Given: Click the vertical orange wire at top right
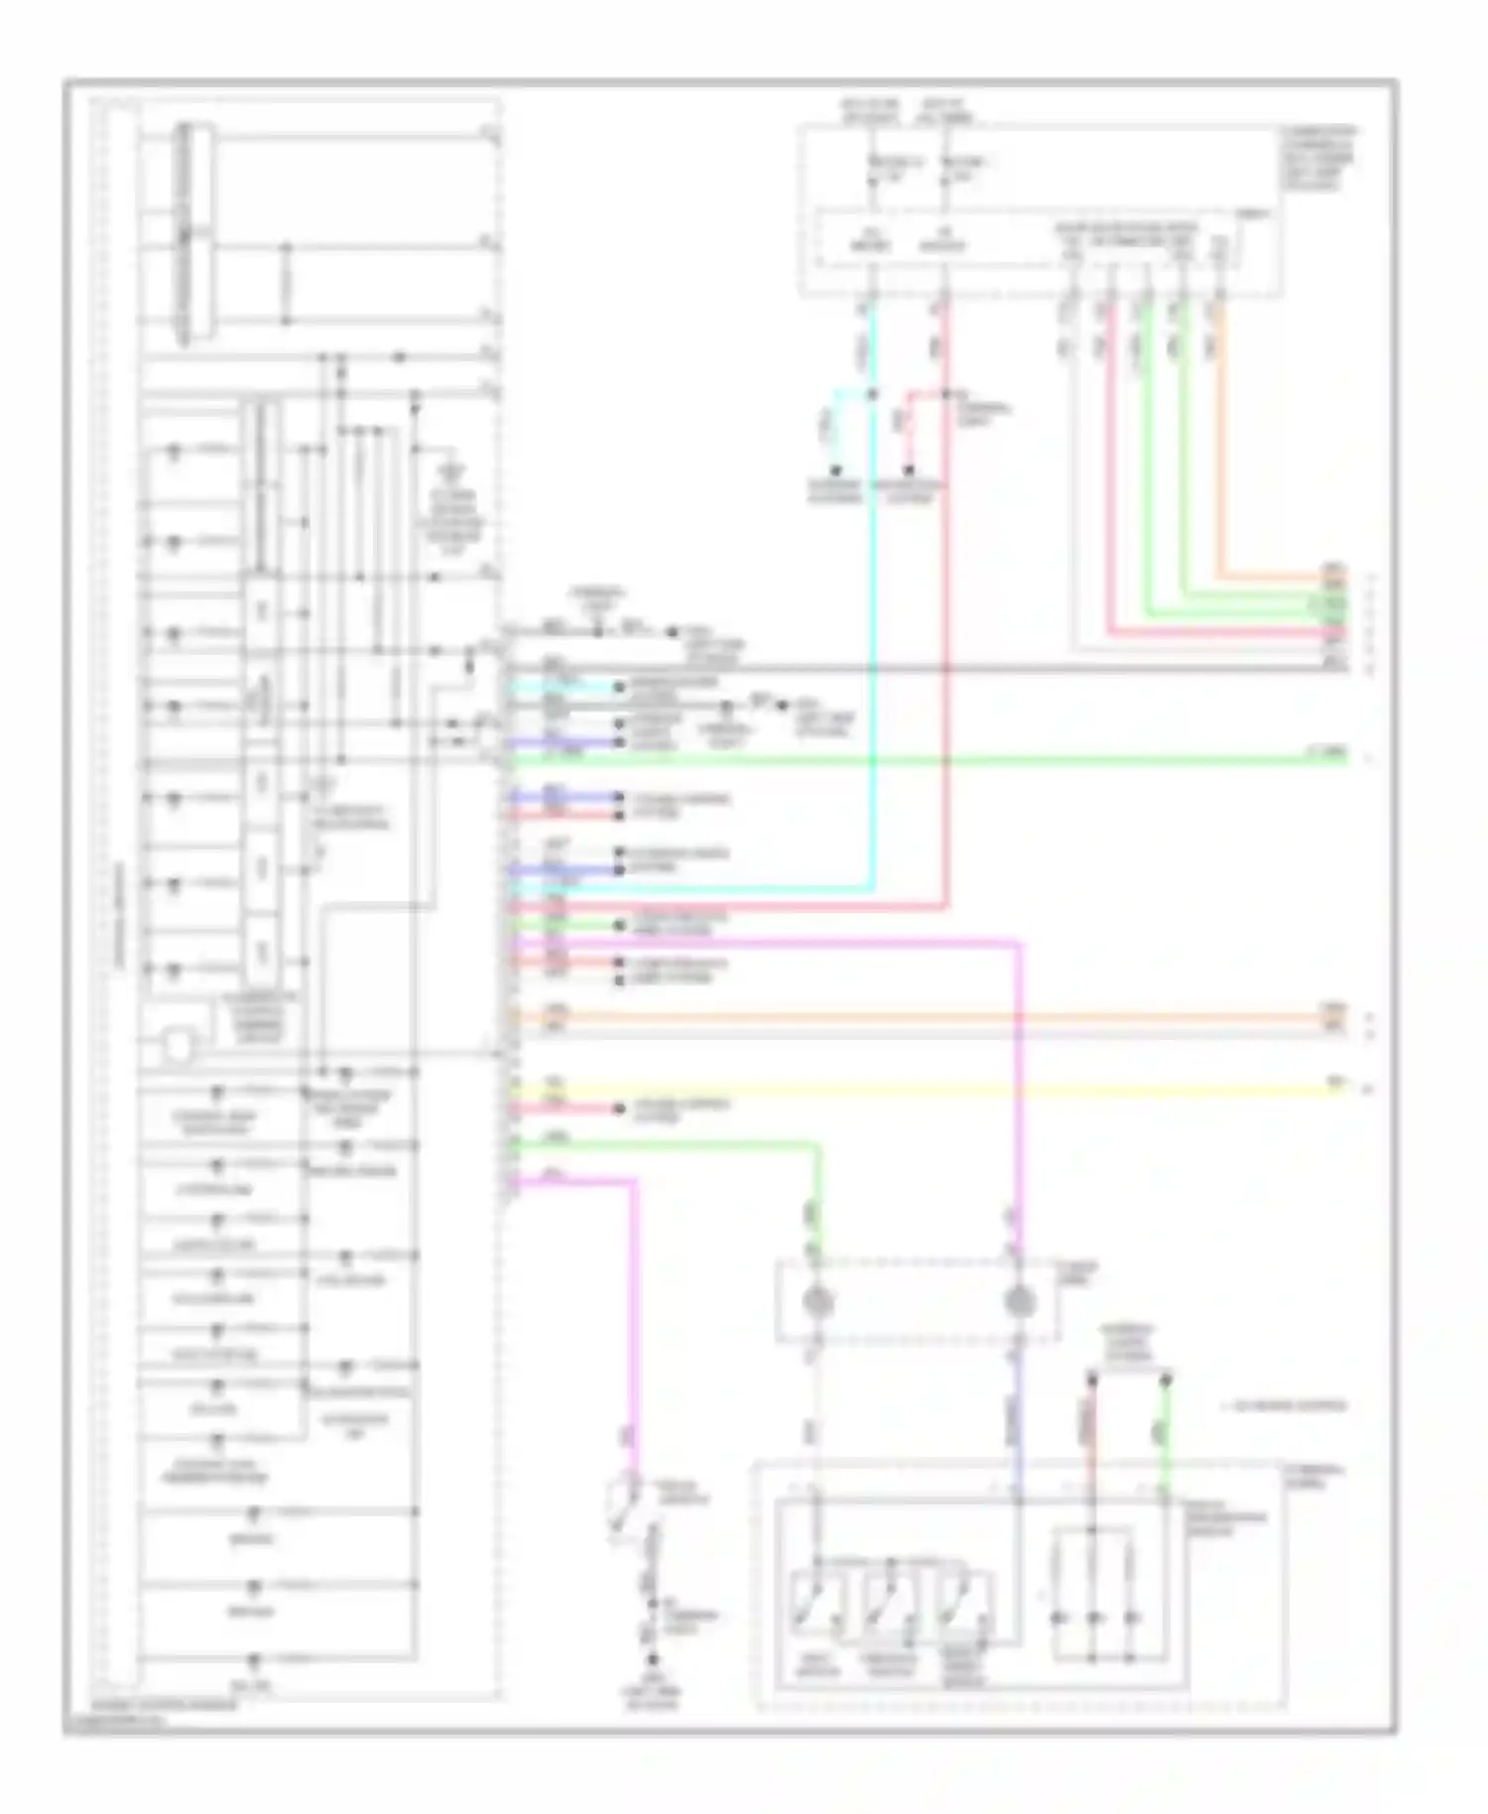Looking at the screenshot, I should click(1219, 447).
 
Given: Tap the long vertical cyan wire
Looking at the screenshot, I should click(873, 645).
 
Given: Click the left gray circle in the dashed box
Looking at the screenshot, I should click(816, 1300).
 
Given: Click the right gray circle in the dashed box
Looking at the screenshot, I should click(1019, 1300).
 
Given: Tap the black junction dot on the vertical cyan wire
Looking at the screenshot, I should click(873, 394).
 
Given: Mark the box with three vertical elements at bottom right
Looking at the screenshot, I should click(1093, 1597).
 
